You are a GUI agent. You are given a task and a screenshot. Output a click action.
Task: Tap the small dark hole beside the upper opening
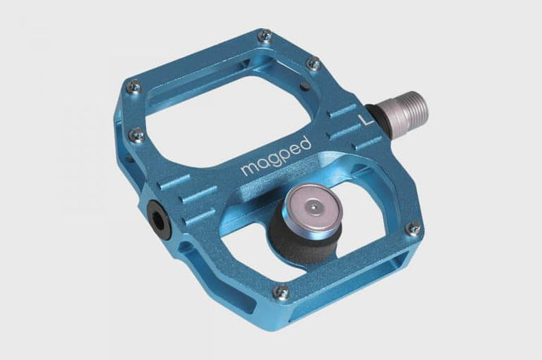pos(301,86)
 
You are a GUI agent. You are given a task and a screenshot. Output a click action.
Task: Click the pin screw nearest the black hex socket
pos(135,135)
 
